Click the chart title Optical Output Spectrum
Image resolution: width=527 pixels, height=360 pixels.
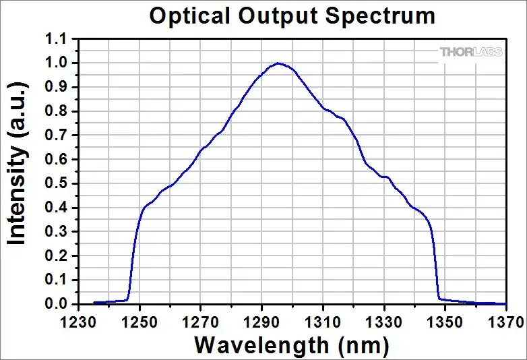pyautogui.click(x=292, y=16)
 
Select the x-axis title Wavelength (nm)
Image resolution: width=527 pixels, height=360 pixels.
pyautogui.click(x=292, y=345)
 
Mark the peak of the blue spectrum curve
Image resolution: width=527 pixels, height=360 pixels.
pyautogui.click(x=278, y=63)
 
